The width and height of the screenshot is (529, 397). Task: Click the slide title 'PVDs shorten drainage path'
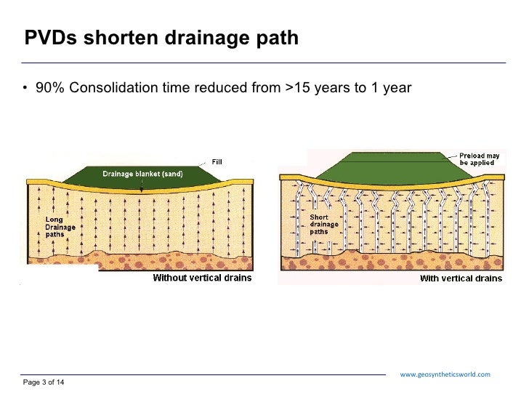161,38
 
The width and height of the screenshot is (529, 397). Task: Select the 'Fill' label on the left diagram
217,161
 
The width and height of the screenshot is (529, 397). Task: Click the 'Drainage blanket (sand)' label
142,174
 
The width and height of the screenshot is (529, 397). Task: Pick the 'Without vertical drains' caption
201,278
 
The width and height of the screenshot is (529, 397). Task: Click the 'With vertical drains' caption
461,278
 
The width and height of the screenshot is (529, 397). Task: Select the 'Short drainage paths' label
325,225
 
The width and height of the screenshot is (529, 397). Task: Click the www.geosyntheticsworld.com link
445,374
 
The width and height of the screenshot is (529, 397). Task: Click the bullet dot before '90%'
24,89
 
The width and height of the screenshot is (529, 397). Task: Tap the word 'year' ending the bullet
398,88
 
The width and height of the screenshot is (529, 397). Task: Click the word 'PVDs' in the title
49,38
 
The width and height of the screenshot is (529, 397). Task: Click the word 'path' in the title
279,38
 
